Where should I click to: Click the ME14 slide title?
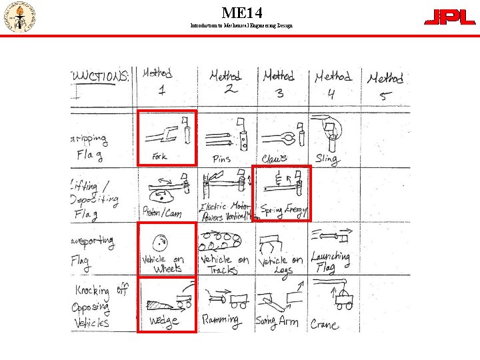(242, 12)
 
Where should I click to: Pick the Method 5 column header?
(385, 85)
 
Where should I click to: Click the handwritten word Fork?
(159, 157)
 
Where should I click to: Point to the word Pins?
(221, 159)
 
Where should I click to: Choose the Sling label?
(326, 159)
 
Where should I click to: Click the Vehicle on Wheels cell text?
(164, 263)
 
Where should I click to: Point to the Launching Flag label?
(331, 261)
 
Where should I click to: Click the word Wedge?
(163, 321)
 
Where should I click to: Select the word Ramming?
(221, 321)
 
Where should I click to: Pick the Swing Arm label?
(277, 321)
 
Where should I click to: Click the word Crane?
(325, 324)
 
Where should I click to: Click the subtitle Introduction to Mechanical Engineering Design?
(241, 25)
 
